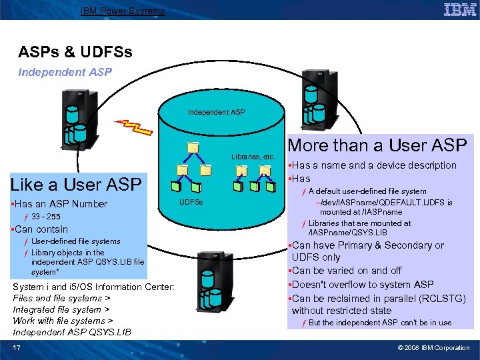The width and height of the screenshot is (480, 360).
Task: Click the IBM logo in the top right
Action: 460,10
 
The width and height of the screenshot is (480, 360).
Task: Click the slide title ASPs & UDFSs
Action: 75,51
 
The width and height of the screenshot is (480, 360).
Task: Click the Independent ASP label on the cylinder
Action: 216,111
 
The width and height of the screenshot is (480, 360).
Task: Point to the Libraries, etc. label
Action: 253,157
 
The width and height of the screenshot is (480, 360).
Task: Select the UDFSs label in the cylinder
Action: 192,201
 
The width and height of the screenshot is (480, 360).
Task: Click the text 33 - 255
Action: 45,217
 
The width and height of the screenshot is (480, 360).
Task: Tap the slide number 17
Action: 16,347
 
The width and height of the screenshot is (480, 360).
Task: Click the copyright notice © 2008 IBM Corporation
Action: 433,347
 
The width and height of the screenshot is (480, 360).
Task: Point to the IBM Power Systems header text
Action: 122,10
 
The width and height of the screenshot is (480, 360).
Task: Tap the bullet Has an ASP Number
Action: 60,204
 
